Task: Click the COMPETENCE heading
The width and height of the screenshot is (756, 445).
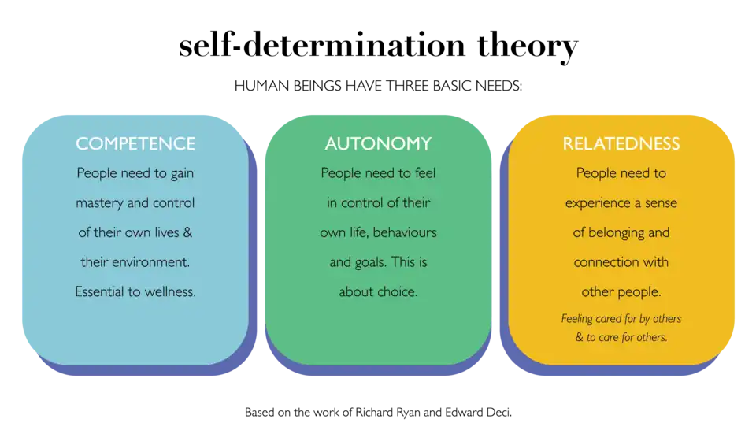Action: click(x=135, y=144)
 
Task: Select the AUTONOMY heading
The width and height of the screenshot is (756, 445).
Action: click(x=378, y=144)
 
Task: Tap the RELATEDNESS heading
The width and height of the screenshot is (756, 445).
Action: click(x=621, y=144)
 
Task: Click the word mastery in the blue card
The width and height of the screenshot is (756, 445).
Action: click(x=100, y=203)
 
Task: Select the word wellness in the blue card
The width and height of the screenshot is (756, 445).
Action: click(x=169, y=291)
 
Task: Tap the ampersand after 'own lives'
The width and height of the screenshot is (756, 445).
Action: click(x=187, y=232)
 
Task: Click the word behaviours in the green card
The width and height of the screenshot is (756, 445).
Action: click(x=406, y=232)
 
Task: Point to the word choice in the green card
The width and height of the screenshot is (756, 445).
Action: click(x=397, y=291)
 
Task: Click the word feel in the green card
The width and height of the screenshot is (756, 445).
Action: click(x=421, y=173)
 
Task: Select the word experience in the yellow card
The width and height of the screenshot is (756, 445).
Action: click(x=598, y=203)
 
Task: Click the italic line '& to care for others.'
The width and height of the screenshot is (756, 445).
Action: click(x=621, y=337)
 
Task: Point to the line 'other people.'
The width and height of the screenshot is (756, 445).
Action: click(x=621, y=291)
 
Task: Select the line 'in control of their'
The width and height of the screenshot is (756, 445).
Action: click(x=378, y=203)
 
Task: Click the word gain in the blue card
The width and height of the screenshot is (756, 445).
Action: click(x=180, y=173)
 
